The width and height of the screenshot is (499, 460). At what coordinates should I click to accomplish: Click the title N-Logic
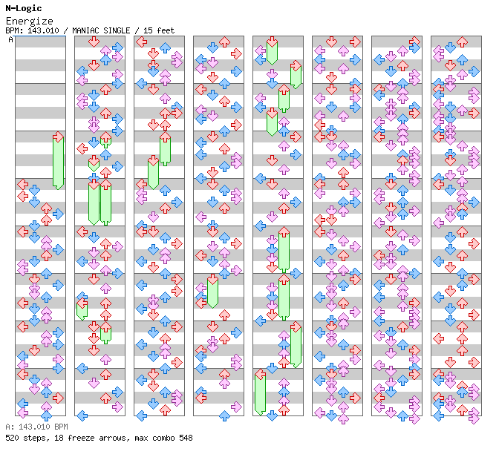(x=23, y=8)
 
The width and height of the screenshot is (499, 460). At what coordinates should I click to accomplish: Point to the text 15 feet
(x=160, y=30)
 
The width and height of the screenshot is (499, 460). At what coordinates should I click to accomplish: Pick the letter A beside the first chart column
(x=10, y=39)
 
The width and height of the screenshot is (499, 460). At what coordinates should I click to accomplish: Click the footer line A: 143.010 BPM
(x=36, y=427)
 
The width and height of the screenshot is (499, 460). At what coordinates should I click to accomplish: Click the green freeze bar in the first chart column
(x=58, y=163)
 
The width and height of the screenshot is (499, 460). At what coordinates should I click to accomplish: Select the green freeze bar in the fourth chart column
(x=212, y=292)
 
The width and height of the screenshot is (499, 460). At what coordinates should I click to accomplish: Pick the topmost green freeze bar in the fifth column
(x=272, y=52)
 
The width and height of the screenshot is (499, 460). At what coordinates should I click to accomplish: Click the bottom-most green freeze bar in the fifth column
(x=260, y=393)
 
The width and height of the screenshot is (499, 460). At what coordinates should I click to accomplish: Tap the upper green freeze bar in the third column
(x=165, y=150)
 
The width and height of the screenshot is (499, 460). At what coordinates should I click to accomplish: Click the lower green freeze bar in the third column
(x=153, y=174)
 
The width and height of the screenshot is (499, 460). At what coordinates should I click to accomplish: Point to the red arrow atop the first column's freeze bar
(x=58, y=137)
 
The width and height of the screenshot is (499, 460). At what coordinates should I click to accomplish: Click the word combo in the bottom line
(x=164, y=438)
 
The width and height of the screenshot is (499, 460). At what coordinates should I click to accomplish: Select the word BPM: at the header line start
(x=13, y=30)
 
